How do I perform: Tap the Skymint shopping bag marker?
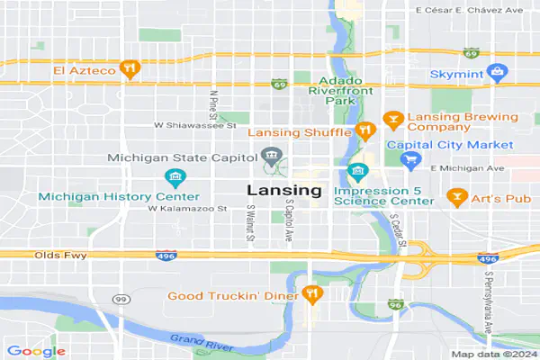tap(495, 70)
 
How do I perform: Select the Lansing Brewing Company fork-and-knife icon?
tap(391, 118)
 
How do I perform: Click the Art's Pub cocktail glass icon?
tap(455, 195)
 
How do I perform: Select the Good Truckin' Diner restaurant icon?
tap(312, 293)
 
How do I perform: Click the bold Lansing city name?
tap(283, 191)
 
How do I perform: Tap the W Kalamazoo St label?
tap(185, 208)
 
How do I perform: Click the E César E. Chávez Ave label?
tap(468, 10)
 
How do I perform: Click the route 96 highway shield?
tap(394, 305)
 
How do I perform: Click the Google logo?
tap(36, 351)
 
